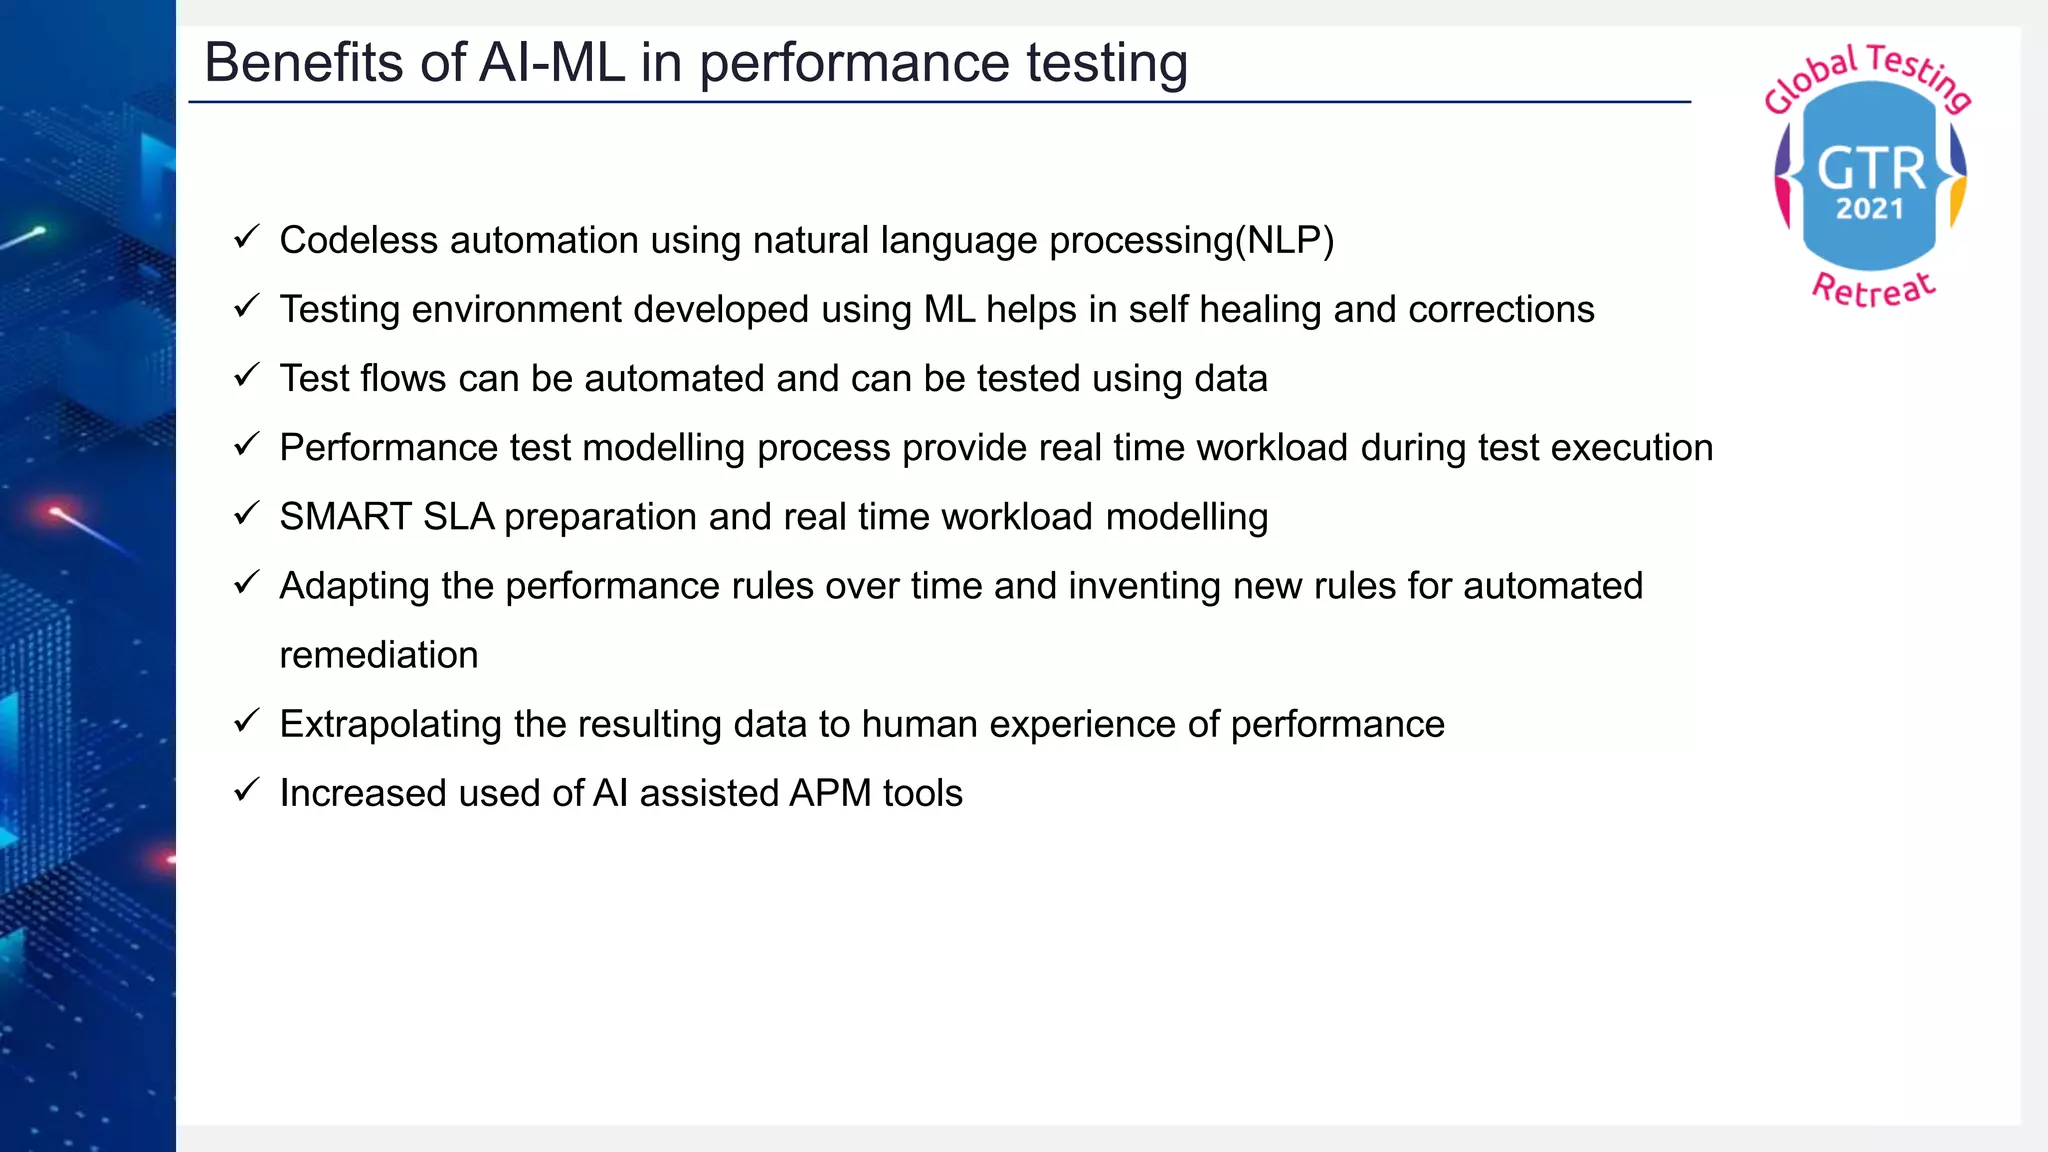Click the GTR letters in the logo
click(1870, 168)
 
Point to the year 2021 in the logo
click(1869, 209)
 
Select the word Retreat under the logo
click(1873, 290)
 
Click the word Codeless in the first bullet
click(358, 241)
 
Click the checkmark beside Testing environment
click(246, 306)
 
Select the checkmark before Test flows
click(246, 375)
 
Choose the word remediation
click(379, 655)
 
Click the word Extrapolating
click(390, 724)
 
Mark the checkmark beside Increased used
click(246, 790)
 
